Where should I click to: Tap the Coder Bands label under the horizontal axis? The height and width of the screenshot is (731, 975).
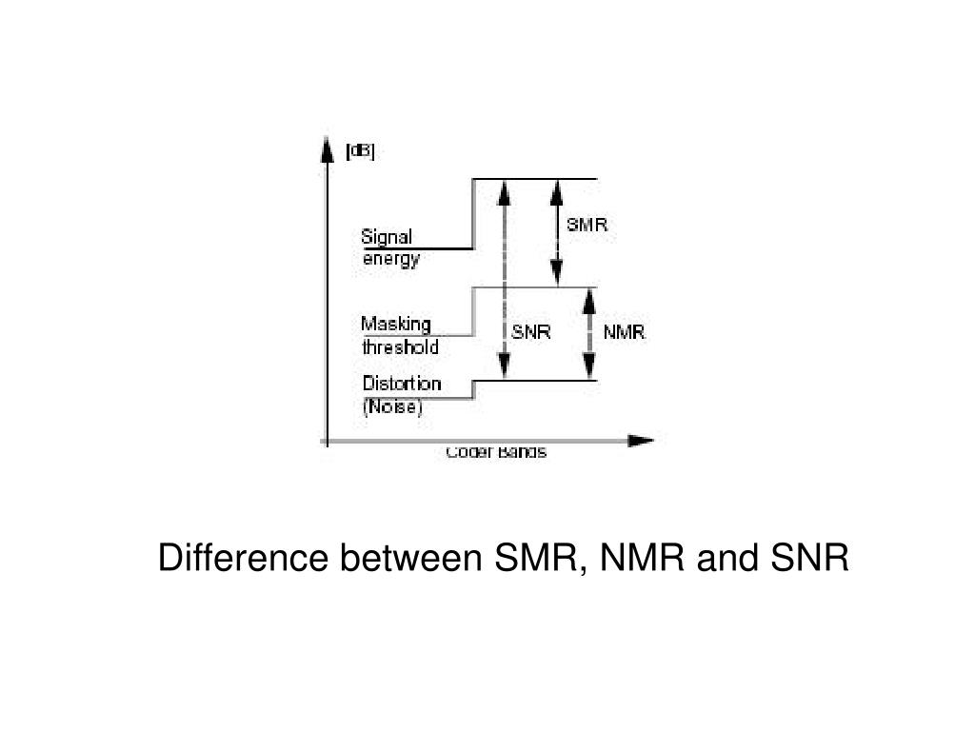pyautogui.click(x=496, y=452)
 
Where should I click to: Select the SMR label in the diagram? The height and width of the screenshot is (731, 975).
pyautogui.click(x=587, y=226)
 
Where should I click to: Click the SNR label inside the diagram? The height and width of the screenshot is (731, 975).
pyautogui.click(x=531, y=332)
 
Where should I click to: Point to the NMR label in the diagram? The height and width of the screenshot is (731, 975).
pyautogui.click(x=625, y=332)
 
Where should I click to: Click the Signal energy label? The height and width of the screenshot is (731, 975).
pyautogui.click(x=390, y=247)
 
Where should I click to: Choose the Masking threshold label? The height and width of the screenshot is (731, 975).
pyautogui.click(x=400, y=336)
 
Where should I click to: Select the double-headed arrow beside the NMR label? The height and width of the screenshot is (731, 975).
pyautogui.click(x=589, y=333)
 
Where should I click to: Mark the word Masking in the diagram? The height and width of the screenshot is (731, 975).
pyautogui.click(x=395, y=325)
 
